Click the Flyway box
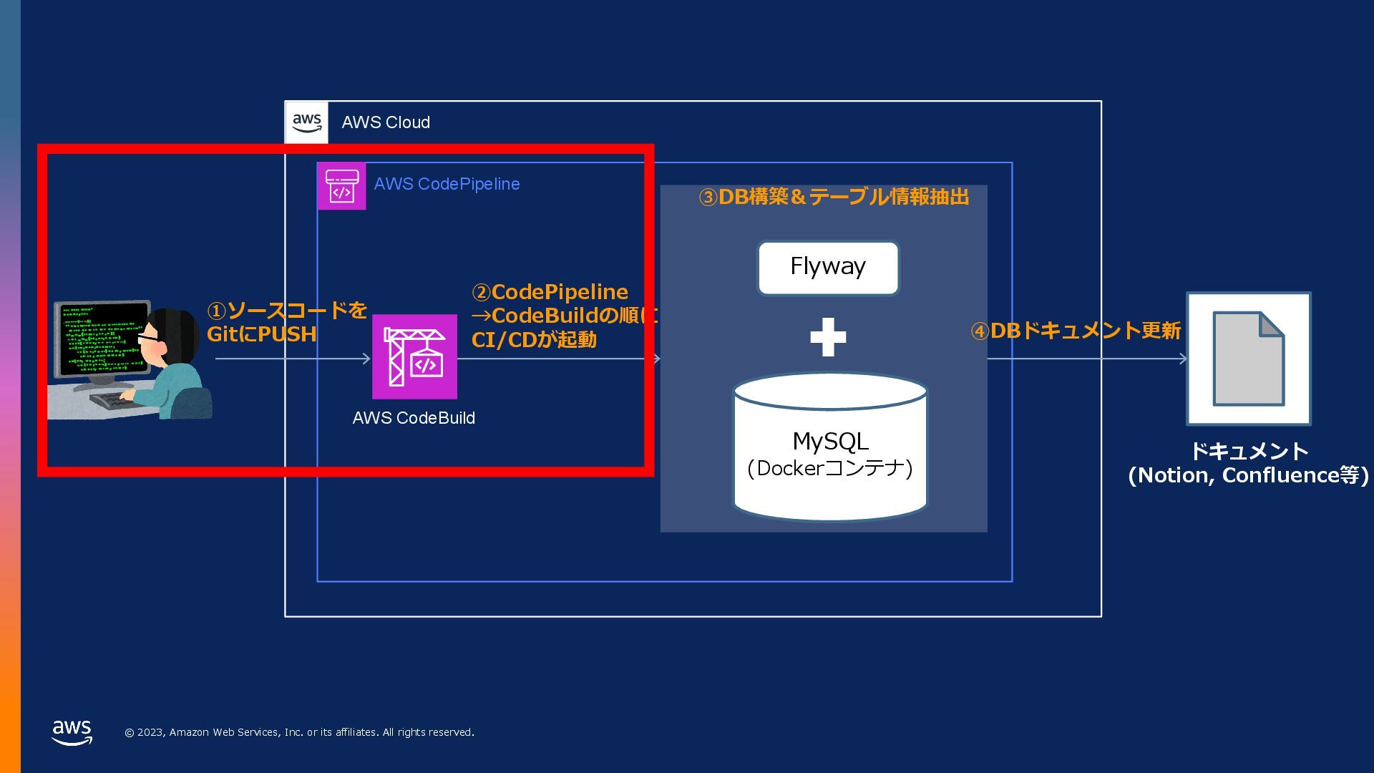click(828, 268)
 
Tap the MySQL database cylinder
click(830, 447)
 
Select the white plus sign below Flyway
click(828, 337)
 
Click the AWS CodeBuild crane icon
click(414, 356)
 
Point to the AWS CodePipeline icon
click(341, 186)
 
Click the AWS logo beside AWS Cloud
click(307, 122)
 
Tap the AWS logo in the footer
click(72, 732)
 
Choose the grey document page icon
click(1249, 359)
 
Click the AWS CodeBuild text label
click(414, 418)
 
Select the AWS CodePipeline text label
click(447, 184)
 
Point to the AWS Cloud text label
click(386, 122)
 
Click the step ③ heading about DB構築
click(834, 197)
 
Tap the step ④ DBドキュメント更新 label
click(1076, 331)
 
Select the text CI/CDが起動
click(534, 339)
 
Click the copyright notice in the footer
click(299, 732)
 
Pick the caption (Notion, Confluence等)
click(1248, 475)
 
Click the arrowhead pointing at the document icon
click(1184, 359)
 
